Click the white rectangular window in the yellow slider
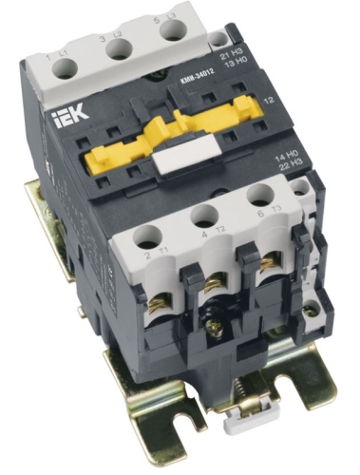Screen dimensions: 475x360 click(169, 161)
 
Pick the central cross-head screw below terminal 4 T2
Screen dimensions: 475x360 click(221, 329)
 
